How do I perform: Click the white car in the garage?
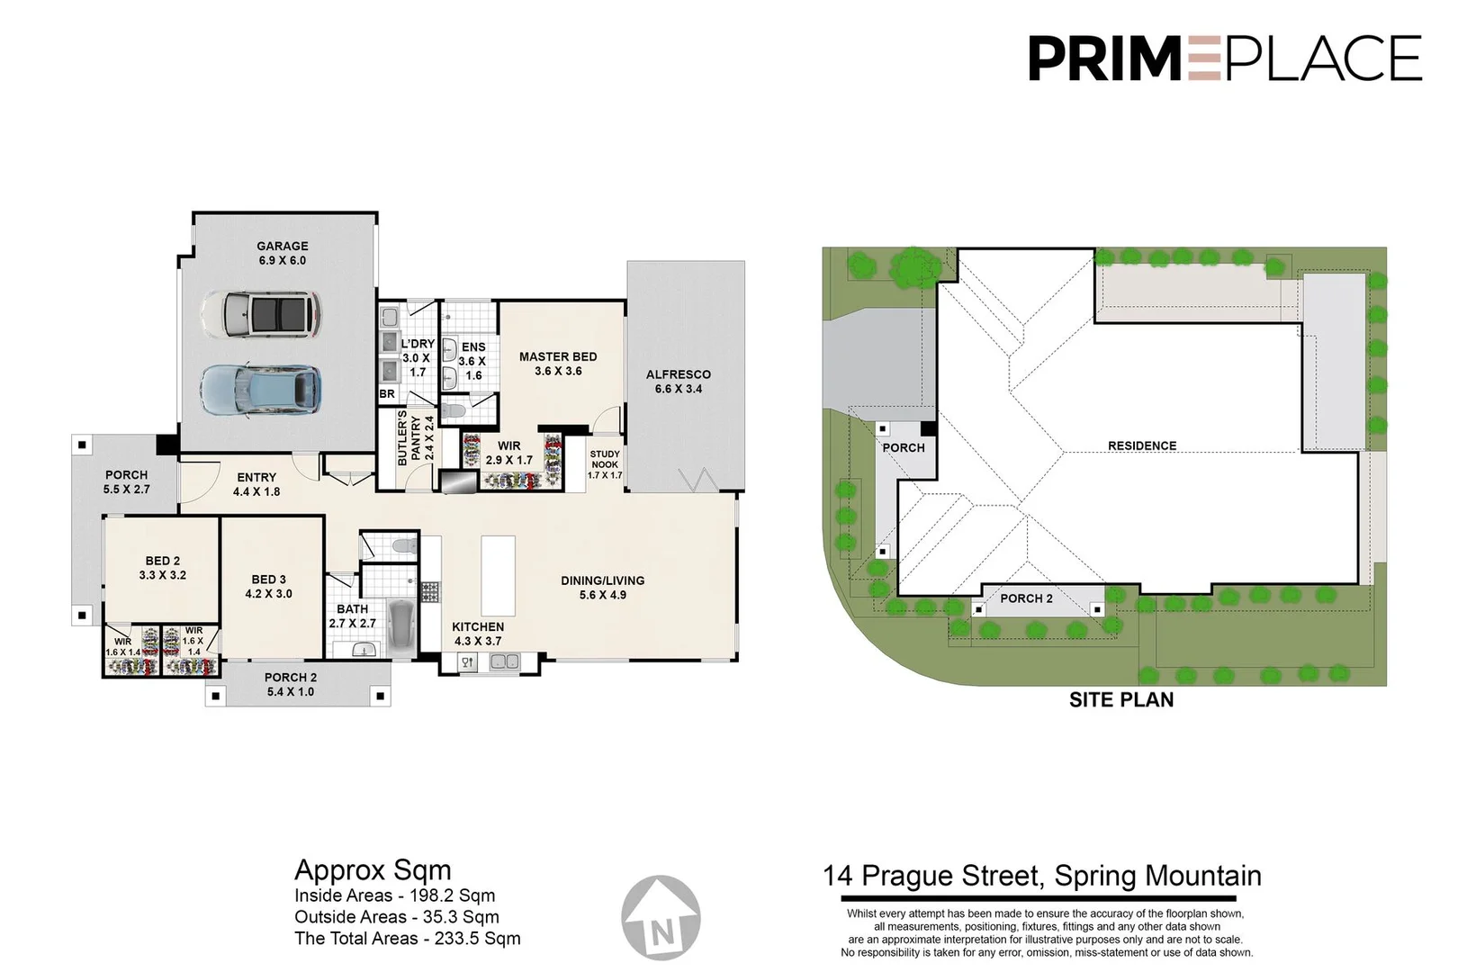point(261,314)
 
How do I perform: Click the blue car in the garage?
point(261,390)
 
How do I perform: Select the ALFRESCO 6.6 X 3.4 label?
point(679,382)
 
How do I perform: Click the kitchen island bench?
point(498,575)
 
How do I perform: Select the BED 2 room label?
point(163,568)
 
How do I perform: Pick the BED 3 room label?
point(269,587)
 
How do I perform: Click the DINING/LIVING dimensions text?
point(603,595)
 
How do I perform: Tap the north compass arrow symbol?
point(662,916)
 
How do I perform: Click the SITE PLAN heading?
point(1121,700)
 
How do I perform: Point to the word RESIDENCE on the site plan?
point(1142,445)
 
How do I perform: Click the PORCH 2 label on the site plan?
point(1026,598)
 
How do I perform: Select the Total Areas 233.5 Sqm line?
point(408,939)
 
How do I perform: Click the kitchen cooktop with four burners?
point(430,591)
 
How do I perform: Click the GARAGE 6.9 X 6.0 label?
point(282,253)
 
